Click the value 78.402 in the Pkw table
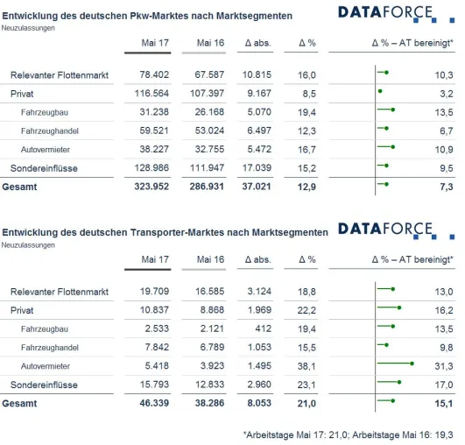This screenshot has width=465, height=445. (x=154, y=74)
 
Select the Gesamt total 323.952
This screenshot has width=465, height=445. (x=151, y=187)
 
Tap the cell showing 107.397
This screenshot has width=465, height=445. (x=207, y=94)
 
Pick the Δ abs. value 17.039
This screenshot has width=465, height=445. (x=257, y=168)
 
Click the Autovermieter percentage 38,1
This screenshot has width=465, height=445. (x=306, y=366)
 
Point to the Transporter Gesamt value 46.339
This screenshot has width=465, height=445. (x=154, y=403)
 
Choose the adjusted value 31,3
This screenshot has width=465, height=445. (x=444, y=366)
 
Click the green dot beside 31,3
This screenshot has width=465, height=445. (x=412, y=364)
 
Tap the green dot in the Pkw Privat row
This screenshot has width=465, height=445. (x=380, y=91)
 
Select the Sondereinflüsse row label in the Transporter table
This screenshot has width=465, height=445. (x=44, y=385)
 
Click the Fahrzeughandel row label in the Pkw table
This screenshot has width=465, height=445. (x=50, y=131)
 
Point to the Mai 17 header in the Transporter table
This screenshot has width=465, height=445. (x=155, y=259)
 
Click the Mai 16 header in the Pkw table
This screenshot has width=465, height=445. (x=210, y=43)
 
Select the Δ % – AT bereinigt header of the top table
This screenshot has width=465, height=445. (x=412, y=43)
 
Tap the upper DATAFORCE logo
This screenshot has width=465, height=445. (x=396, y=14)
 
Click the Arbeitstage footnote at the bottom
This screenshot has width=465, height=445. (x=349, y=434)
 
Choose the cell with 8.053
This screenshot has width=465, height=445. (x=259, y=403)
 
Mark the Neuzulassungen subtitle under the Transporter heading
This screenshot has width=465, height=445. (x=28, y=245)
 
